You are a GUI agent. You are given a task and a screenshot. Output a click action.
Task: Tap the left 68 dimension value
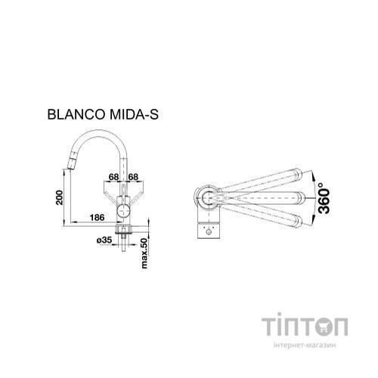pyautogui.click(x=113, y=178)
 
